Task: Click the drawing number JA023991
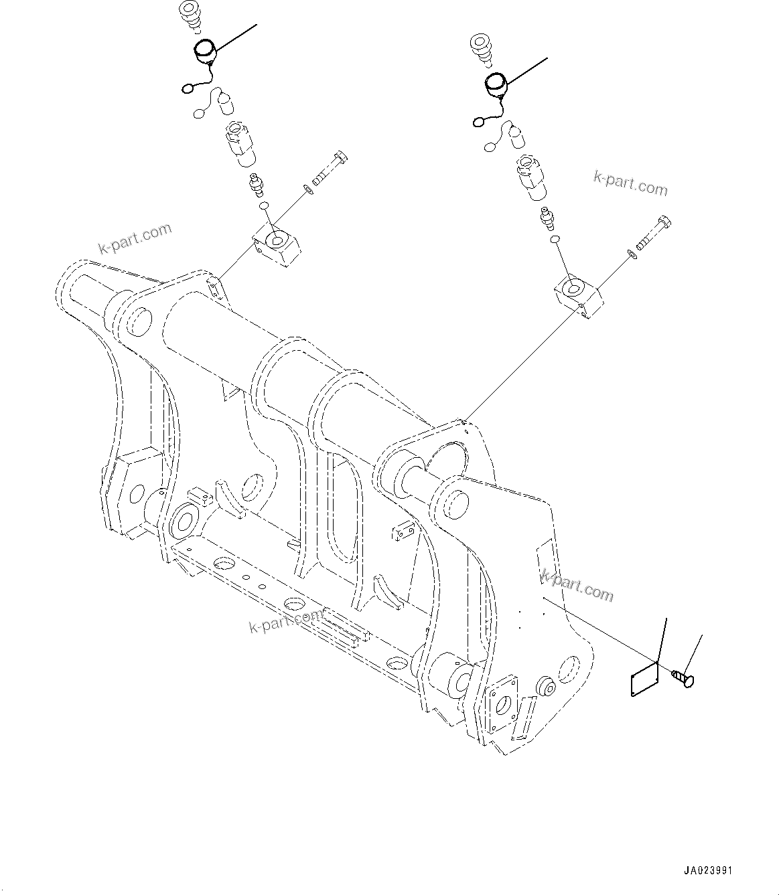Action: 708,871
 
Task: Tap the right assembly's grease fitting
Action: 547,218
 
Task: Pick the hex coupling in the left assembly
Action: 237,140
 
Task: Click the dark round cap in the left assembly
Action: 204,50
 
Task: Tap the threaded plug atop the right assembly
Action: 481,48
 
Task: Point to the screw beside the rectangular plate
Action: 683,679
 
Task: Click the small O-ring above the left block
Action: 264,205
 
